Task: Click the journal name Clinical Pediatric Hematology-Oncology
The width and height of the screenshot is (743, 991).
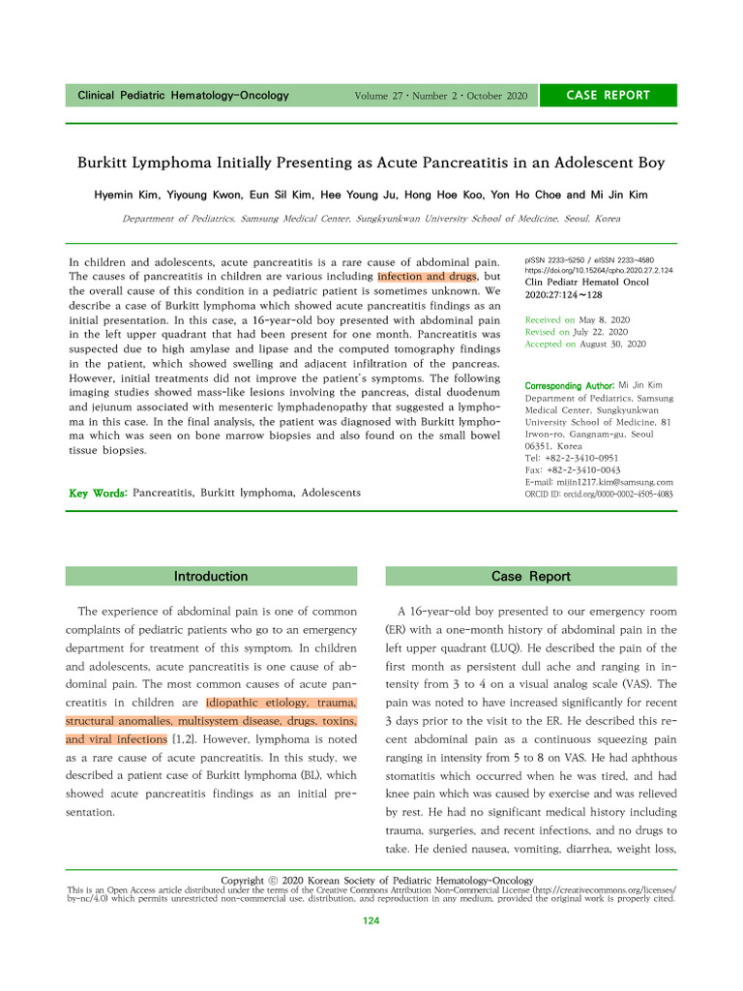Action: pos(183,96)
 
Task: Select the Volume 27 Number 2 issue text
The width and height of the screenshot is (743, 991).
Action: pos(441,96)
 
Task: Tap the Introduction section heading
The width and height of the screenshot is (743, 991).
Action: pos(210,576)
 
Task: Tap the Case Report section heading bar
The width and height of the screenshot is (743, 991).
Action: pos(530,576)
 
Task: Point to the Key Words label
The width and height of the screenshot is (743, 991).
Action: pos(98,494)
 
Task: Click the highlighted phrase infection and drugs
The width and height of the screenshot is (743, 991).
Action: pos(427,276)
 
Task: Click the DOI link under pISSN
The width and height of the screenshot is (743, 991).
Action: pos(598,271)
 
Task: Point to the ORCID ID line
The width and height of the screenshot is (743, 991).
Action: pos(598,494)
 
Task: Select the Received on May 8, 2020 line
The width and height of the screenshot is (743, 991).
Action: pos(577,319)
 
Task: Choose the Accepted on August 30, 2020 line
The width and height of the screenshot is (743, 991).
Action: pos(584,344)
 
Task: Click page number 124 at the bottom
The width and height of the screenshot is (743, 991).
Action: pos(371,921)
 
